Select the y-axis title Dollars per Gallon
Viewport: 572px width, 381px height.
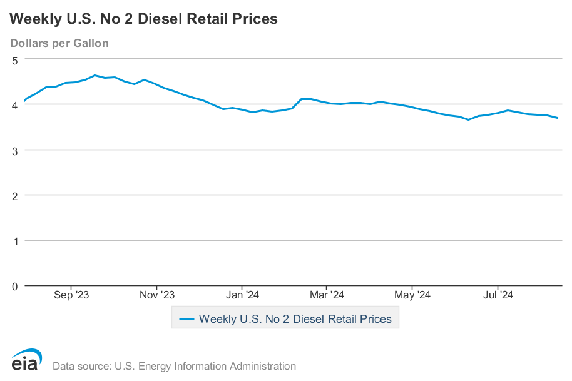pyautogui.click(x=59, y=43)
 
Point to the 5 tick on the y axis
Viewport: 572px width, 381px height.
pyautogui.click(x=15, y=60)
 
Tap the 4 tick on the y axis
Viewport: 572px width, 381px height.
pyautogui.click(x=15, y=105)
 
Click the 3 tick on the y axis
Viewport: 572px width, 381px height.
pyautogui.click(x=15, y=150)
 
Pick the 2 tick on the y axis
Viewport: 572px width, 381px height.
pyautogui.click(x=15, y=195)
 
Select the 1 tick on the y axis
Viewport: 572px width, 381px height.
pyautogui.click(x=15, y=241)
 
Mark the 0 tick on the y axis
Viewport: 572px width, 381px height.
pyautogui.click(x=15, y=286)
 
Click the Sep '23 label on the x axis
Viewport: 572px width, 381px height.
pyautogui.click(x=71, y=295)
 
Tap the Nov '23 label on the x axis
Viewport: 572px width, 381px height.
pyautogui.click(x=157, y=295)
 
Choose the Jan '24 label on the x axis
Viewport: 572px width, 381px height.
pyautogui.click(x=242, y=295)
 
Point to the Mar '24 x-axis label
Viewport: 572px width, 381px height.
pyautogui.click(x=327, y=295)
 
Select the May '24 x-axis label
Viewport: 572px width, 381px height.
pyautogui.click(x=412, y=295)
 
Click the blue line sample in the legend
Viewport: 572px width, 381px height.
pyautogui.click(x=186, y=319)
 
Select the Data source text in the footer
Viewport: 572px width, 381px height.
pyautogui.click(x=174, y=366)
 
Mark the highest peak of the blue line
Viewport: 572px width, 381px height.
pyautogui.click(x=94, y=75)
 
